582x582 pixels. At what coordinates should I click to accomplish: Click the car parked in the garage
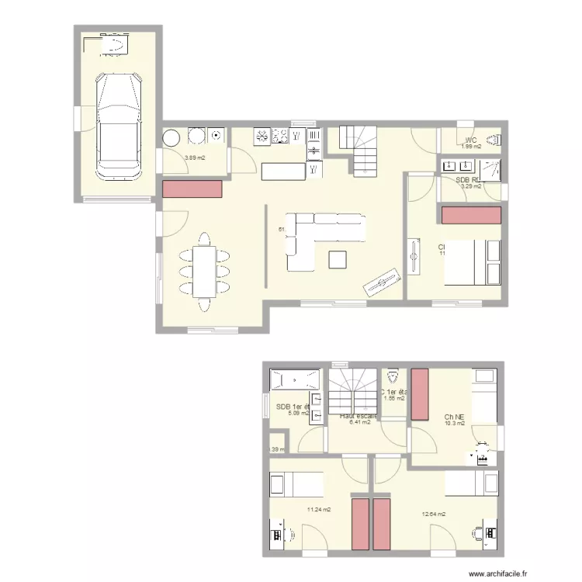tap(117, 124)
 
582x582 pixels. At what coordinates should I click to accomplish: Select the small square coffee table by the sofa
tap(338, 258)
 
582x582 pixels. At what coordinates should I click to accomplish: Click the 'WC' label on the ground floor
tap(471, 140)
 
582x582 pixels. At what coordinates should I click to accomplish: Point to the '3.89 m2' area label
tap(194, 158)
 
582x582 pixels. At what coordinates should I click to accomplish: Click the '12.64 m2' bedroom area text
tap(434, 514)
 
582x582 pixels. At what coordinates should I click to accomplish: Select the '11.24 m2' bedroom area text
tap(319, 510)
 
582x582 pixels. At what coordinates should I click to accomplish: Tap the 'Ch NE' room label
tap(455, 416)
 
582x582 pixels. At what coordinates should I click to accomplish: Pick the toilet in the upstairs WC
tap(393, 377)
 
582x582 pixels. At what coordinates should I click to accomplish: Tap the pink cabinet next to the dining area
tap(192, 188)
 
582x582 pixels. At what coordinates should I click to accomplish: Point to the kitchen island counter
tap(283, 171)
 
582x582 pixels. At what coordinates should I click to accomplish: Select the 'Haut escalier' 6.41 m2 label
tap(358, 419)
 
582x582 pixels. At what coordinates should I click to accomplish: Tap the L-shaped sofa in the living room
tap(318, 236)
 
